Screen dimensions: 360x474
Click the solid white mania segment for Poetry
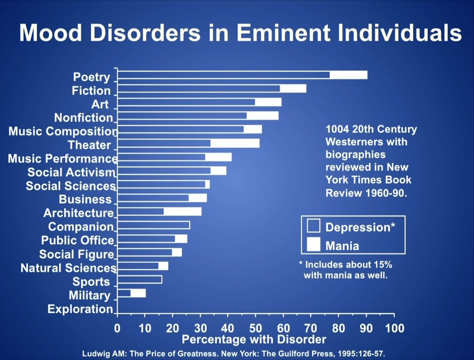click(348, 75)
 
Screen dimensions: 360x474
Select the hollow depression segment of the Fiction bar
click(198, 89)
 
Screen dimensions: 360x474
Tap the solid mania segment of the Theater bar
click(235, 143)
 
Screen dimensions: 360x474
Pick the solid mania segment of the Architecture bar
click(183, 211)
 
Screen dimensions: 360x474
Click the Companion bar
click(154, 225)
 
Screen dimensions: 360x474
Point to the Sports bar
click(140, 280)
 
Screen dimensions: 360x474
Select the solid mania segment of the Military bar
click(138, 293)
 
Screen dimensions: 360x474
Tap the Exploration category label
click(80, 309)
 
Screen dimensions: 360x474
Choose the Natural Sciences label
click(68, 268)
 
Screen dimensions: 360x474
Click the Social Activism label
click(72, 172)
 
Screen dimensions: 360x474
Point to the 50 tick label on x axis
click(256, 328)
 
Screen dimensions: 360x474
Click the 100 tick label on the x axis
click(394, 328)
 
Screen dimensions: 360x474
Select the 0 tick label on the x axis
click(117, 328)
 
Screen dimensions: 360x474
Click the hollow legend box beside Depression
click(313, 226)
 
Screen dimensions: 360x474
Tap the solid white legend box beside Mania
click(313, 245)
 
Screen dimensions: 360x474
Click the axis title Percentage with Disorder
click(254, 339)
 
